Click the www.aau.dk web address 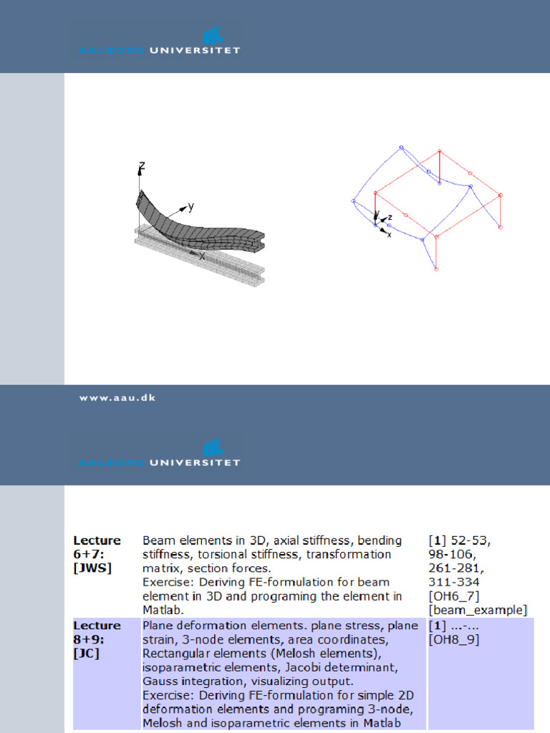117,398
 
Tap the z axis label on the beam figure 142,166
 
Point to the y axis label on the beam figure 191,207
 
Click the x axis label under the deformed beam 202,256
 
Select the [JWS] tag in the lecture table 92,568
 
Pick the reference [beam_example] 478,610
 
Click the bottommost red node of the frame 436,269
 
